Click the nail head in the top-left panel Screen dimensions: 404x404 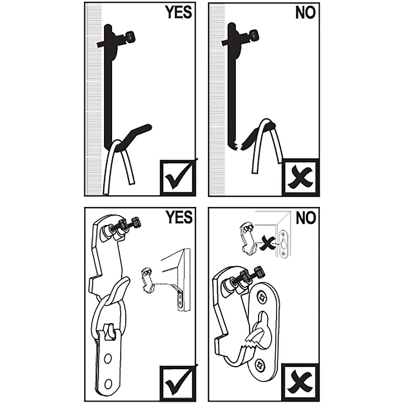130,36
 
